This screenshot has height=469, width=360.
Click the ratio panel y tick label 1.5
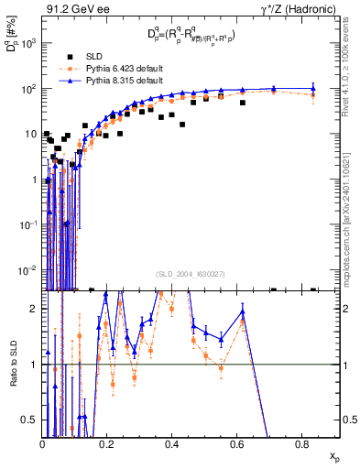click(x=32, y=337)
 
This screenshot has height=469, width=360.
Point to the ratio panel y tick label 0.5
click(x=32, y=420)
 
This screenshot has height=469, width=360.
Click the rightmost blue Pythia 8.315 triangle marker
click(x=313, y=89)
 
